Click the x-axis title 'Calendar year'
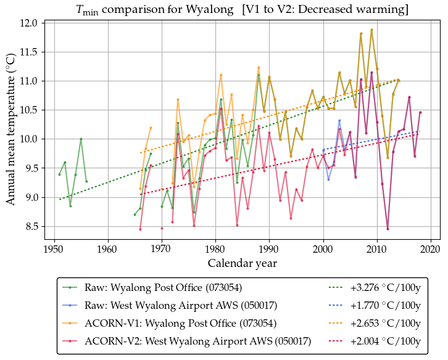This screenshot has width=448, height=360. click(241, 263)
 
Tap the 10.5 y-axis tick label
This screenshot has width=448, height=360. click(30, 110)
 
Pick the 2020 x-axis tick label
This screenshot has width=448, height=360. click(431, 248)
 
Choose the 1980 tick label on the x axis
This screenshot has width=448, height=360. click(215, 248)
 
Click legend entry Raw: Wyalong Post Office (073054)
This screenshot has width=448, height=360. click(163, 287)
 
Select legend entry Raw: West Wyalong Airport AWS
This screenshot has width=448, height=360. click(180, 305)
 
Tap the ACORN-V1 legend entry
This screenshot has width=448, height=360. click(180, 323)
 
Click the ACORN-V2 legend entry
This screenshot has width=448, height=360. click(197, 341)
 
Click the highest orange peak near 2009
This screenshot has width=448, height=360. click(371, 30)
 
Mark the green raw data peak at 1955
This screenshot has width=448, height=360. click(81, 139)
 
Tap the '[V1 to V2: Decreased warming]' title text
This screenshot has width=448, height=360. click(326, 10)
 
